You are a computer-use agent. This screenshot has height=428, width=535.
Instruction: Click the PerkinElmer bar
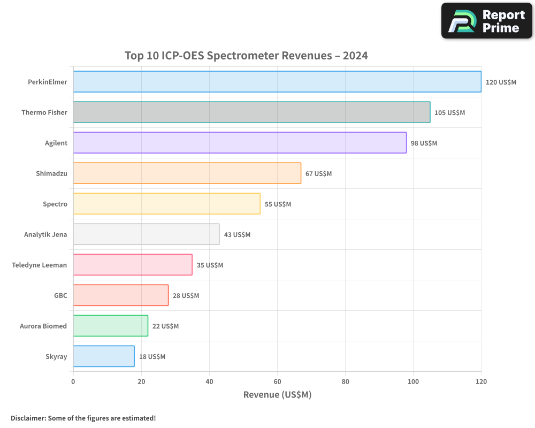coord(277,82)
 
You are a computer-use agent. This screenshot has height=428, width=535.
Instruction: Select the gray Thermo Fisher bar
coord(251,112)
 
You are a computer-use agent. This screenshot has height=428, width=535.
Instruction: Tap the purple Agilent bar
coord(240,143)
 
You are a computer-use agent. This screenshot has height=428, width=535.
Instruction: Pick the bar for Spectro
coord(166,204)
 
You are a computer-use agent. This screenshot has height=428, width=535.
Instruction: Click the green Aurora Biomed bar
coord(110,326)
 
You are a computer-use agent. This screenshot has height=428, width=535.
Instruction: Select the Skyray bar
coord(104,356)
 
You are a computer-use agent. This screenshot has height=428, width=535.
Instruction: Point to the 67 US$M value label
coord(319,174)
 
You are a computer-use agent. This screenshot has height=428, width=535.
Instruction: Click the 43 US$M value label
coord(237,235)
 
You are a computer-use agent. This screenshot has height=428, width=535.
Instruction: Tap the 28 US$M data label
coord(186,296)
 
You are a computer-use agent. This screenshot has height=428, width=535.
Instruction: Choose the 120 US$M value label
coord(501,82)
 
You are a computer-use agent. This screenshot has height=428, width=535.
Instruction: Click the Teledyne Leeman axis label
coord(40,265)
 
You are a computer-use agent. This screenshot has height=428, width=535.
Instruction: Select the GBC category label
coord(60,295)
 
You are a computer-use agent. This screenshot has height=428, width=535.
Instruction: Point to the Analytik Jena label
coord(45,234)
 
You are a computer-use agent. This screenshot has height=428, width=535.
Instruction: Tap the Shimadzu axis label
coord(51,173)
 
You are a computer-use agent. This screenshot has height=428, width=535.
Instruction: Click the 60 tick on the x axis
coord(277,381)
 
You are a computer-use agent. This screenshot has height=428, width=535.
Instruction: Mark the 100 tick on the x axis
coord(413,381)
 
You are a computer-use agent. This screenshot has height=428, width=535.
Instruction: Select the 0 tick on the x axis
coord(73,381)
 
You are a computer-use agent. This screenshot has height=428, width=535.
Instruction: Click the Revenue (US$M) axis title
coord(277,395)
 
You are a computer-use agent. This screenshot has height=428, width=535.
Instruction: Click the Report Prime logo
coord(487,21)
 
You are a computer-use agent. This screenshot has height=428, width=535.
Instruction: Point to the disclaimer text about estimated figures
coord(83,418)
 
